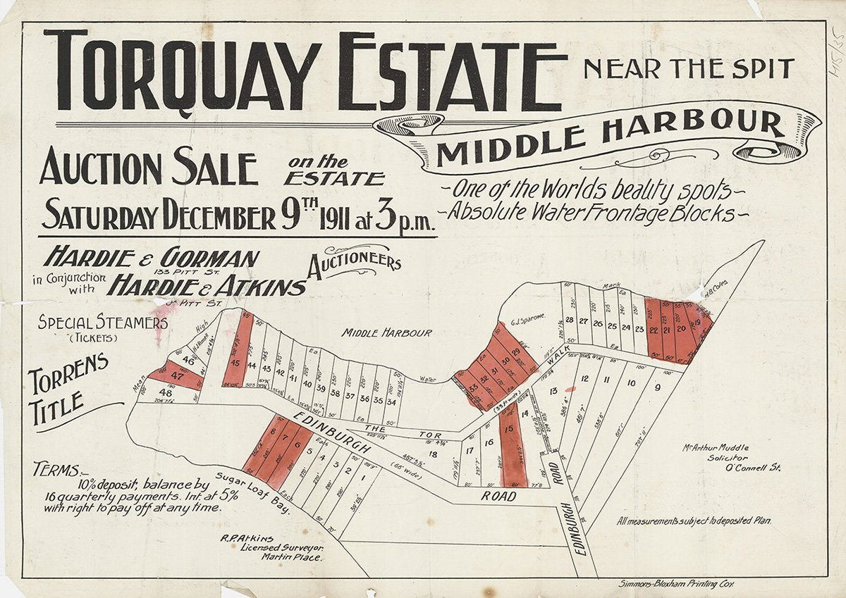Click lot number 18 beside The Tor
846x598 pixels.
(x=433, y=455)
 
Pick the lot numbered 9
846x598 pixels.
(x=657, y=386)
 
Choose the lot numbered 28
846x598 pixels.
(x=569, y=320)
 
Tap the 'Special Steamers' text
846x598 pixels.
(x=103, y=323)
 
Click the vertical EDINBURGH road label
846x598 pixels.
(x=572, y=528)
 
